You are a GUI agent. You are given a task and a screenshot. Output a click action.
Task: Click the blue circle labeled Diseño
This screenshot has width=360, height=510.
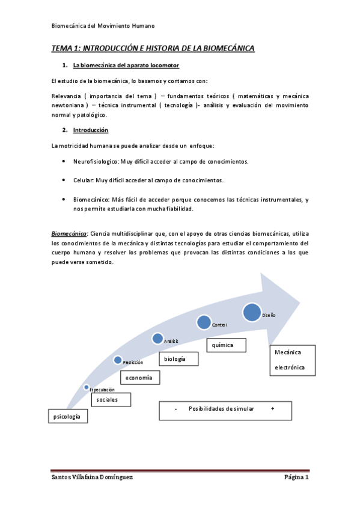click(252, 312)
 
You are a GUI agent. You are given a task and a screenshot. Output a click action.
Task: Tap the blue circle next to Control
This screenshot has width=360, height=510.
click(204, 322)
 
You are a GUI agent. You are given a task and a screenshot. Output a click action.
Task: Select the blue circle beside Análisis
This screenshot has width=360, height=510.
click(157, 339)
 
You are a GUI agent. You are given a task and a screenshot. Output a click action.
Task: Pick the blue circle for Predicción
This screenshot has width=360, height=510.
click(118, 360)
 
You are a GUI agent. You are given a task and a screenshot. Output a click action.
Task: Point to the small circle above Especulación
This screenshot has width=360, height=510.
click(87, 387)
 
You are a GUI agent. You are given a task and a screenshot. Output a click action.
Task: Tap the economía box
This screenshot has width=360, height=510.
click(141, 377)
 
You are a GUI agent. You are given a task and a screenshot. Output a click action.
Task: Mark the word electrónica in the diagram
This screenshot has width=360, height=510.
click(290, 367)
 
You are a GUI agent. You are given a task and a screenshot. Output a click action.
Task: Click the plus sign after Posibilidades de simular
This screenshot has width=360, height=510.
click(273, 409)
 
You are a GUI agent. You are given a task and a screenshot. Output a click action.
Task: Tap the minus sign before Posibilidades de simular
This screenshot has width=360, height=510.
click(175, 409)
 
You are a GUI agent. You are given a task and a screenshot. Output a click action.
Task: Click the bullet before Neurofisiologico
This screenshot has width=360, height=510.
click(64, 162)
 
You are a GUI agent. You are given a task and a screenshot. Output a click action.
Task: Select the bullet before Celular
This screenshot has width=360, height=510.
click(64, 180)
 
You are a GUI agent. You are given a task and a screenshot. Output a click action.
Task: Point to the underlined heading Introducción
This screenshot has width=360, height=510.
click(90, 130)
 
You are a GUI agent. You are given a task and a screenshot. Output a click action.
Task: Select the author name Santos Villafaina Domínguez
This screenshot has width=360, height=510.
click(91, 477)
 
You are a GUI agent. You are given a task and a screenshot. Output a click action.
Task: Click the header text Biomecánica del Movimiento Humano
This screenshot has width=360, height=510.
click(103, 26)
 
